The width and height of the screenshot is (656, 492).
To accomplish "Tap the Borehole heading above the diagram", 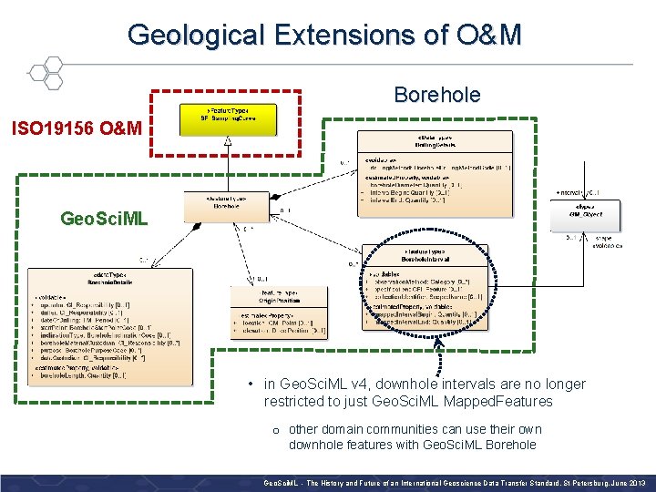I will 436,95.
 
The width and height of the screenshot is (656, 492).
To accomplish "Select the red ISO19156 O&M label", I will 77,128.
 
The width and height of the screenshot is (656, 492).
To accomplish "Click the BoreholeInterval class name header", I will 424,257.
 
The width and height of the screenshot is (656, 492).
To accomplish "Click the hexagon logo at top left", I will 45,71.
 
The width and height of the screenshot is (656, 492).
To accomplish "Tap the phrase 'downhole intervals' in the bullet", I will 429,384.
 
